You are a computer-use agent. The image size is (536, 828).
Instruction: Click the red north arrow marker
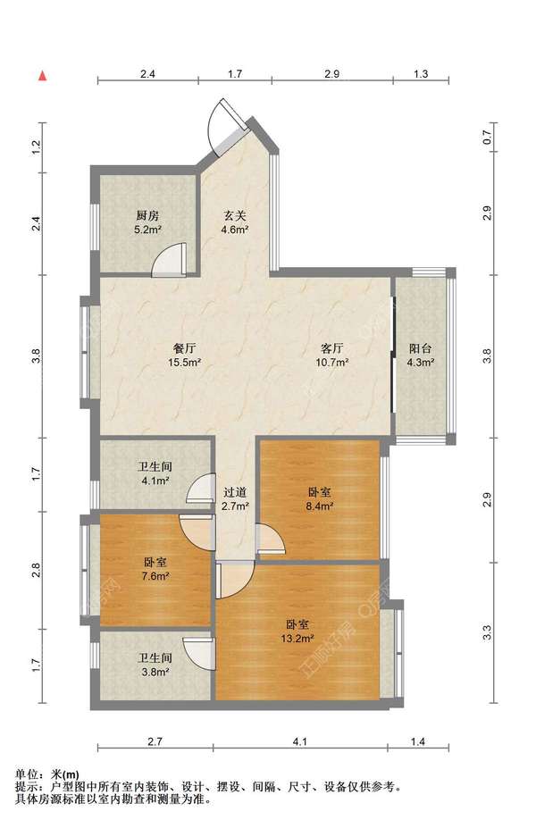pyautogui.click(x=43, y=76)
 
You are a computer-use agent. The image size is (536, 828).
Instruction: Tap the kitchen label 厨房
pyautogui.click(x=147, y=215)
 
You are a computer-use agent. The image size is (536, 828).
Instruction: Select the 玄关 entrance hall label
pyautogui.click(x=234, y=215)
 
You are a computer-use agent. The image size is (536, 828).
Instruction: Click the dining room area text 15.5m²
pyautogui.click(x=184, y=363)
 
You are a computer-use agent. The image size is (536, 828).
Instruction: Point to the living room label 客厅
pyautogui.click(x=332, y=348)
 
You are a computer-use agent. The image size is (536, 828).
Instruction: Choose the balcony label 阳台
pyautogui.click(x=421, y=348)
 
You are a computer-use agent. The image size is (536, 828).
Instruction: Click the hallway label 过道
pyautogui.click(x=234, y=493)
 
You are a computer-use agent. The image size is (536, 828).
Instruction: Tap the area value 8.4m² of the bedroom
pyautogui.click(x=320, y=506)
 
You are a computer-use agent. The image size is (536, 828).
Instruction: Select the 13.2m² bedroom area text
pyautogui.click(x=297, y=639)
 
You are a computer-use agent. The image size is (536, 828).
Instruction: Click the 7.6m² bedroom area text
pyautogui.click(x=155, y=576)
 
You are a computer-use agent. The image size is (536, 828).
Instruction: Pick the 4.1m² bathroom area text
pyautogui.click(x=155, y=481)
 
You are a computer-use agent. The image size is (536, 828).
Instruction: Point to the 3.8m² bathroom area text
pyautogui.click(x=155, y=673)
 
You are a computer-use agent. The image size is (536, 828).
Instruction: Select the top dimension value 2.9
pyautogui.click(x=332, y=74)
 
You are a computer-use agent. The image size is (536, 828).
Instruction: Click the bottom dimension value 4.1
pyautogui.click(x=300, y=742)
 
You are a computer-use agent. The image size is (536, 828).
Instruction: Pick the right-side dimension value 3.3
pyautogui.click(x=487, y=632)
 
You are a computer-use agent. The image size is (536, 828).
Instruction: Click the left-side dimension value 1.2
pyautogui.click(x=37, y=146)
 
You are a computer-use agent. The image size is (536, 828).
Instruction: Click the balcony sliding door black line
pyautogui.click(x=392, y=355)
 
